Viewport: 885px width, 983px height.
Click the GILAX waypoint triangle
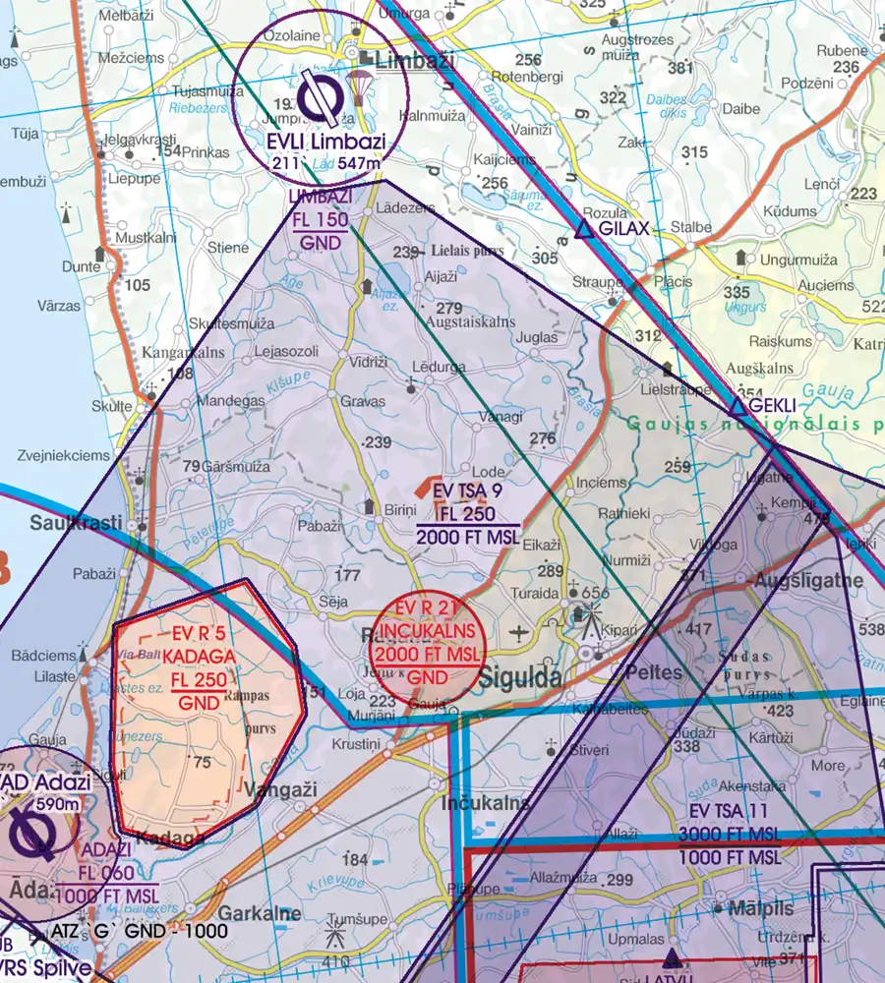pyautogui.click(x=583, y=230)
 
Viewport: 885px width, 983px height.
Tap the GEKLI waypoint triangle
pyautogui.click(x=737, y=406)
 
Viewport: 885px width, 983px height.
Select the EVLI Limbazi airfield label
pyautogui.click(x=324, y=142)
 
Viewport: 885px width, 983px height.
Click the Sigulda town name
pyautogui.click(x=520, y=677)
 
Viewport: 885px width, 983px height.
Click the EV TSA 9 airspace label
pyautogui.click(x=467, y=490)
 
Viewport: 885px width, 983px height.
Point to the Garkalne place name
pyautogui.click(x=260, y=913)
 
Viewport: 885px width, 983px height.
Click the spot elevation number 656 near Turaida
pyautogui.click(x=597, y=593)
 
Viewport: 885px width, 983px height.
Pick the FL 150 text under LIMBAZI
pyautogui.click(x=320, y=219)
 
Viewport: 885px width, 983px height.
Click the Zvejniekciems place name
pyautogui.click(x=64, y=456)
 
